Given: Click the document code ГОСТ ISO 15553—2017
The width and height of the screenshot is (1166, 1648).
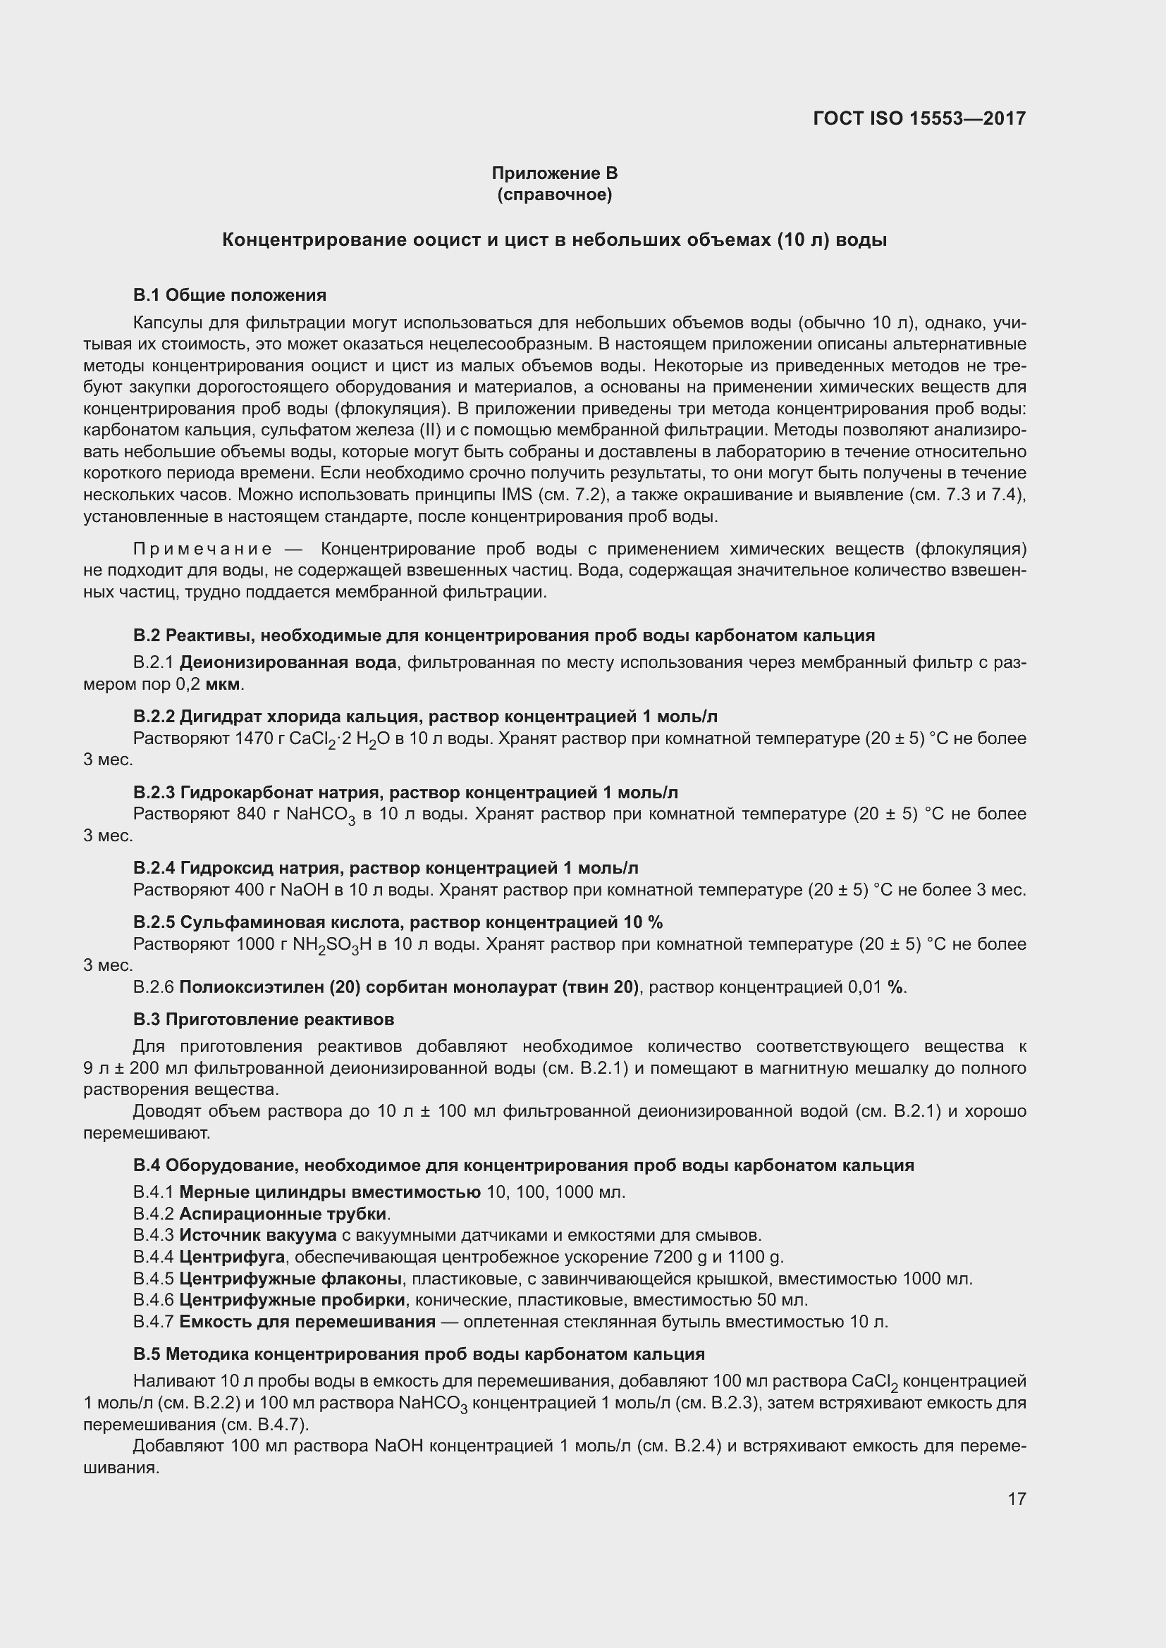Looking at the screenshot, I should pyautogui.click(x=919, y=118).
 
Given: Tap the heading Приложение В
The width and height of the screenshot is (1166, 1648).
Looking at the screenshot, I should pyautogui.click(x=554, y=173).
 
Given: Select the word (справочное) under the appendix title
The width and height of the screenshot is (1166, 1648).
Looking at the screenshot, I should pyautogui.click(x=554, y=194).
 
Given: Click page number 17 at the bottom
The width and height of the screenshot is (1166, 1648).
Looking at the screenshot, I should pyautogui.click(x=1017, y=1499).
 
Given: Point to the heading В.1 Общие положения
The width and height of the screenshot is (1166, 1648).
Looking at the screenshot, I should pyautogui.click(x=230, y=295).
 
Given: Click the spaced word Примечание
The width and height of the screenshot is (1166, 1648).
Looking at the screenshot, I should pyautogui.click(x=202, y=549).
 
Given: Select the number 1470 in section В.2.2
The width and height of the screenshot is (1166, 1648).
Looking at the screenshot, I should pyautogui.click(x=255, y=738).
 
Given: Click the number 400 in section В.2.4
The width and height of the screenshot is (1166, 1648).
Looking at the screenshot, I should pyautogui.click(x=250, y=890).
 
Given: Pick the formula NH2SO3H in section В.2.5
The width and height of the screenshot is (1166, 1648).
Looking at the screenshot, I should pyautogui.click(x=332, y=945).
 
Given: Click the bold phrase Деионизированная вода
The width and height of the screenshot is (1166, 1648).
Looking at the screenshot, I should pyautogui.click(x=287, y=662).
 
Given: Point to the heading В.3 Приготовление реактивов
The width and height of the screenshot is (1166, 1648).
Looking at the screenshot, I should pyautogui.click(x=264, y=1020).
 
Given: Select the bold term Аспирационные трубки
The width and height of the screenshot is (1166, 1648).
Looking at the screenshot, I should pyautogui.click(x=283, y=1214).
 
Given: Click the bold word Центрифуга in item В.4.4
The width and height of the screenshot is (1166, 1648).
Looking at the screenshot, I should pyautogui.click(x=232, y=1257).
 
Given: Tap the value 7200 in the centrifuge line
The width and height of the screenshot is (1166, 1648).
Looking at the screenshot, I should pyautogui.click(x=670, y=1257).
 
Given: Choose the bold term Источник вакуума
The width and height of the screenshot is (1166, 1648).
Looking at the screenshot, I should pyautogui.click(x=258, y=1235).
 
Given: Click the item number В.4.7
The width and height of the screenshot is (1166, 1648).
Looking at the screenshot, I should pyautogui.click(x=153, y=1321).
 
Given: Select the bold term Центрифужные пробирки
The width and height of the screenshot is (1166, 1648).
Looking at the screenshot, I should pyautogui.click(x=293, y=1300).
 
